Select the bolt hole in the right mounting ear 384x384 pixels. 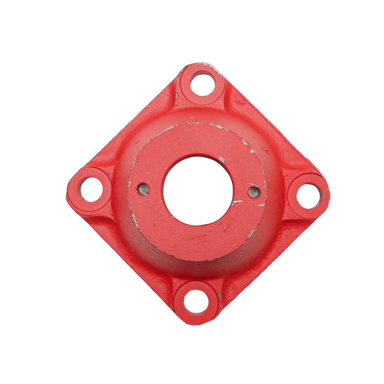(x=308, y=195)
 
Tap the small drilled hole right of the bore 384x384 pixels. (x=254, y=192)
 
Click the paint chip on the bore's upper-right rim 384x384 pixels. (x=221, y=159)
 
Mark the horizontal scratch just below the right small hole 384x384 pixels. (x=237, y=202)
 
